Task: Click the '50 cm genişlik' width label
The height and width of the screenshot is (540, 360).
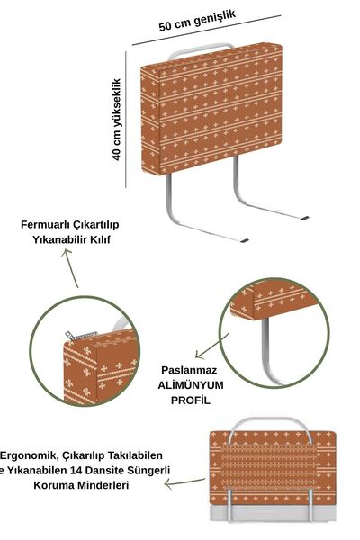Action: tap(197, 21)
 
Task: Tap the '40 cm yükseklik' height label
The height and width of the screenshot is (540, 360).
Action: tap(117, 120)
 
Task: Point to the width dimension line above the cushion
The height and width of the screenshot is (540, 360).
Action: tap(207, 30)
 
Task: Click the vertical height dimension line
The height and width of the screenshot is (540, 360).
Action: tap(126, 120)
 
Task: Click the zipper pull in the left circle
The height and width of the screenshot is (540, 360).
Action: tap(69, 335)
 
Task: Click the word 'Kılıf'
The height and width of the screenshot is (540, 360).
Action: tap(100, 239)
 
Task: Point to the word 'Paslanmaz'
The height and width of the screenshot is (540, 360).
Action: tap(189, 370)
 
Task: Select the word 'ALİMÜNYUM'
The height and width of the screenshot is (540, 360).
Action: tap(191, 385)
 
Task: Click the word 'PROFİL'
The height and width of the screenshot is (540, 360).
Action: tap(191, 400)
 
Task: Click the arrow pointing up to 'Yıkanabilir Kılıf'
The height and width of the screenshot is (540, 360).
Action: tap(70, 268)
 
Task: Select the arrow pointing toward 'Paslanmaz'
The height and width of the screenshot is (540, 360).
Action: tap(211, 346)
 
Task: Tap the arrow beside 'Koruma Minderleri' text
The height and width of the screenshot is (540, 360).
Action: tap(184, 482)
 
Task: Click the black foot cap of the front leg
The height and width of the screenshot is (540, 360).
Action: tap(244, 240)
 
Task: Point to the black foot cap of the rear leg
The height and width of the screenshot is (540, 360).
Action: tap(304, 218)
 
